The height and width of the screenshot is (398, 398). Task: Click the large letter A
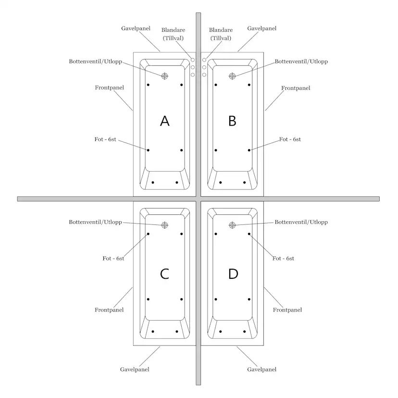click(165, 121)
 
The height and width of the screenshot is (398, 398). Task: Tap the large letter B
click(232, 121)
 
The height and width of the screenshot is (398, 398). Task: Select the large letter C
click(164, 274)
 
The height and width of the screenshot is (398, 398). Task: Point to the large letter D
click(233, 274)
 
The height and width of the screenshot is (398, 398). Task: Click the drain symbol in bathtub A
click(165, 76)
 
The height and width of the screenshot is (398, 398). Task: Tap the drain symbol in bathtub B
click(232, 76)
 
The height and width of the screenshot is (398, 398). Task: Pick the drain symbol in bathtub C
click(165, 225)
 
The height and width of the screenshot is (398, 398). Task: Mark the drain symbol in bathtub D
click(232, 225)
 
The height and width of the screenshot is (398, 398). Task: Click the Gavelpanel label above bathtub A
click(136, 28)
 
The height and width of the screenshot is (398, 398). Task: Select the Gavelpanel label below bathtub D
click(261, 369)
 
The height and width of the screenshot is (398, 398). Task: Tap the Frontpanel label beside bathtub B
click(296, 88)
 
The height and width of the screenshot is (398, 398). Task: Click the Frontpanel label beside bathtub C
click(109, 310)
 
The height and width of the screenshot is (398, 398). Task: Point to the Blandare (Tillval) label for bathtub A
click(173, 34)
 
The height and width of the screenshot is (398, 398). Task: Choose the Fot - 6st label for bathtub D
click(283, 259)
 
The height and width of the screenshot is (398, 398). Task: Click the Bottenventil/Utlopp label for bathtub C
click(96, 222)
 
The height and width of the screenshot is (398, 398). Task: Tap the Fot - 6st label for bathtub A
click(105, 139)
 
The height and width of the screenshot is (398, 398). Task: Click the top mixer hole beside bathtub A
click(193, 60)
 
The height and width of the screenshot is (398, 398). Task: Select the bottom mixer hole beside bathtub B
click(204, 75)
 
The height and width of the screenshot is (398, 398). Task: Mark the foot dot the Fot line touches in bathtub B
click(249, 150)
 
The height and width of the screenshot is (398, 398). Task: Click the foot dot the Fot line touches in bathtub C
click(148, 234)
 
